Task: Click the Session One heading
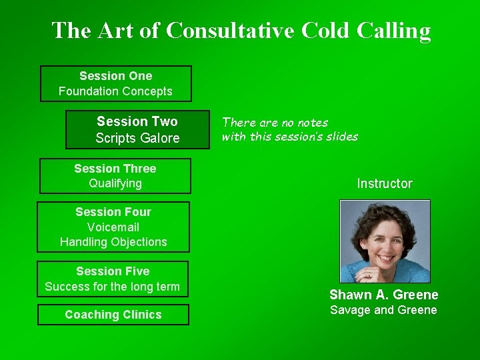tap(115, 76)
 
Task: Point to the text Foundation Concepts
tap(115, 91)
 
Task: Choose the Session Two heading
tap(137, 121)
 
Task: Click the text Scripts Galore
tap(137, 138)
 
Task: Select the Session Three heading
tap(115, 169)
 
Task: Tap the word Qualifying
tap(115, 183)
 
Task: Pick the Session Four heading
tap(113, 212)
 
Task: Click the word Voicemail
tap(113, 227)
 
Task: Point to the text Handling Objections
tap(113, 242)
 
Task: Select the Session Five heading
tap(113, 271)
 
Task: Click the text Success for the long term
tap(113, 287)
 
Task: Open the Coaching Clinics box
tap(113, 315)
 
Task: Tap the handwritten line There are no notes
tap(275, 123)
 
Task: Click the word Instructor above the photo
tap(385, 183)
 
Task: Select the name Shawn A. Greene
tap(384, 295)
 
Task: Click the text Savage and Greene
tap(384, 310)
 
